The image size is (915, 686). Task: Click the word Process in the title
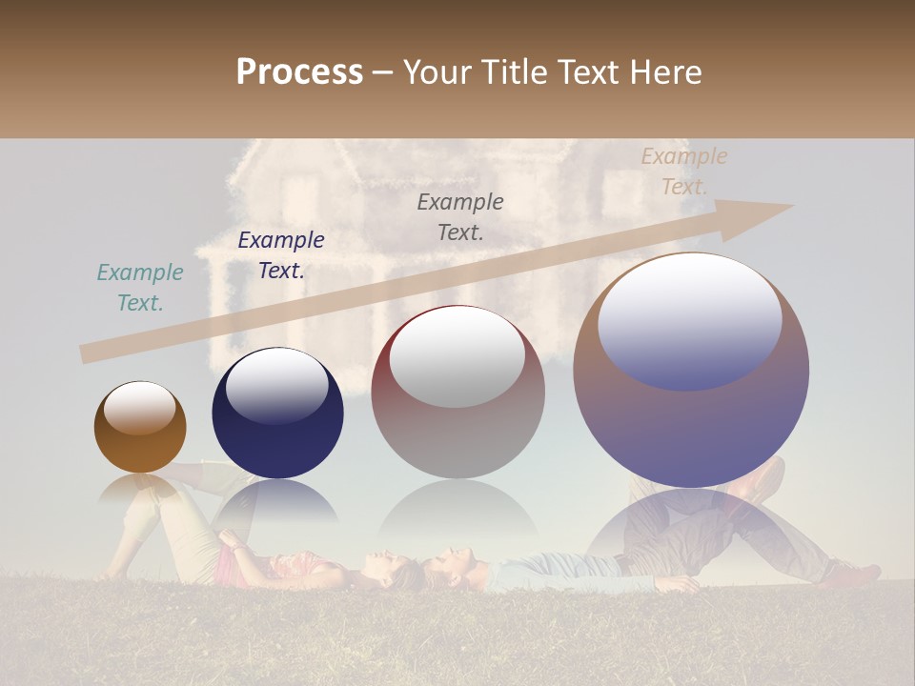(299, 72)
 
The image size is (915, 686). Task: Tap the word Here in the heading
(664, 72)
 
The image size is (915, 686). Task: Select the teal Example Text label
(140, 288)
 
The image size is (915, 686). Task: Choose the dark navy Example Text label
(281, 255)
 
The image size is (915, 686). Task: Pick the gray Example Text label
(460, 216)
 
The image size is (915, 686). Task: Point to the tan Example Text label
(683, 171)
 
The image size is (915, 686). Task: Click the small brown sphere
(140, 427)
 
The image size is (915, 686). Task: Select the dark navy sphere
(277, 413)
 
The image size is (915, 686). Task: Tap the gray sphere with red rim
(457, 392)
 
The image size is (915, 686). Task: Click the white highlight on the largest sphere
(690, 319)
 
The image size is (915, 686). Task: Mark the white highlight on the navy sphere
(276, 385)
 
